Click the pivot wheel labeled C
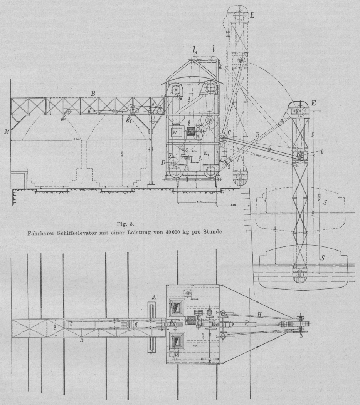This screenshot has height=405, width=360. (223, 139)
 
